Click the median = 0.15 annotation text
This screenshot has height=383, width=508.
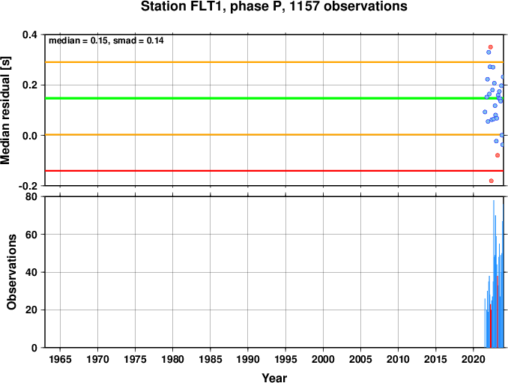coord(77,40)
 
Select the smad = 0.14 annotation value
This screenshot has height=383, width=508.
coord(139,40)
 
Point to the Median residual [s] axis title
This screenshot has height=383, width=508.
coord(5,110)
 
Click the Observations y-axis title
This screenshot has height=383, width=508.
coord(12,272)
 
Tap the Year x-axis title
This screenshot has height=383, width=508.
coord(274,378)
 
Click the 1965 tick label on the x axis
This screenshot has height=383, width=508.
coord(60,359)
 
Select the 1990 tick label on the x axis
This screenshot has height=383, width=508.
coord(248,359)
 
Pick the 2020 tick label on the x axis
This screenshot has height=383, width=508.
coord(474,359)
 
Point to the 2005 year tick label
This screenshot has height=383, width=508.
coord(360,359)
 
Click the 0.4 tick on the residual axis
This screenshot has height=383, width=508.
coord(30,34)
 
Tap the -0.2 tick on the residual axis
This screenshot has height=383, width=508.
coord(28,186)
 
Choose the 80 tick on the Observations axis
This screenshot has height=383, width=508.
coord(31,196)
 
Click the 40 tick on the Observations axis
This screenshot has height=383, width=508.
coord(31,272)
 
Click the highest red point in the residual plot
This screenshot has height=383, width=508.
coord(491,47)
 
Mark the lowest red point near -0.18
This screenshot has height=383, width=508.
coord(492,181)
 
